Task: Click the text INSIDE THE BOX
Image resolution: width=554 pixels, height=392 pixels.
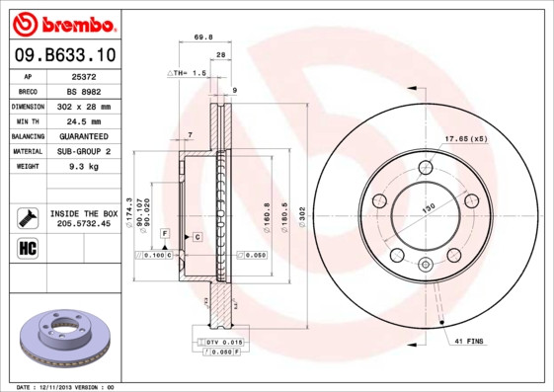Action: (84, 213)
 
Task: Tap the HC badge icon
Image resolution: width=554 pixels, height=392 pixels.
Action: (28, 247)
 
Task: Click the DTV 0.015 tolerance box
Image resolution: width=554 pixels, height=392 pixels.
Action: (223, 341)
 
